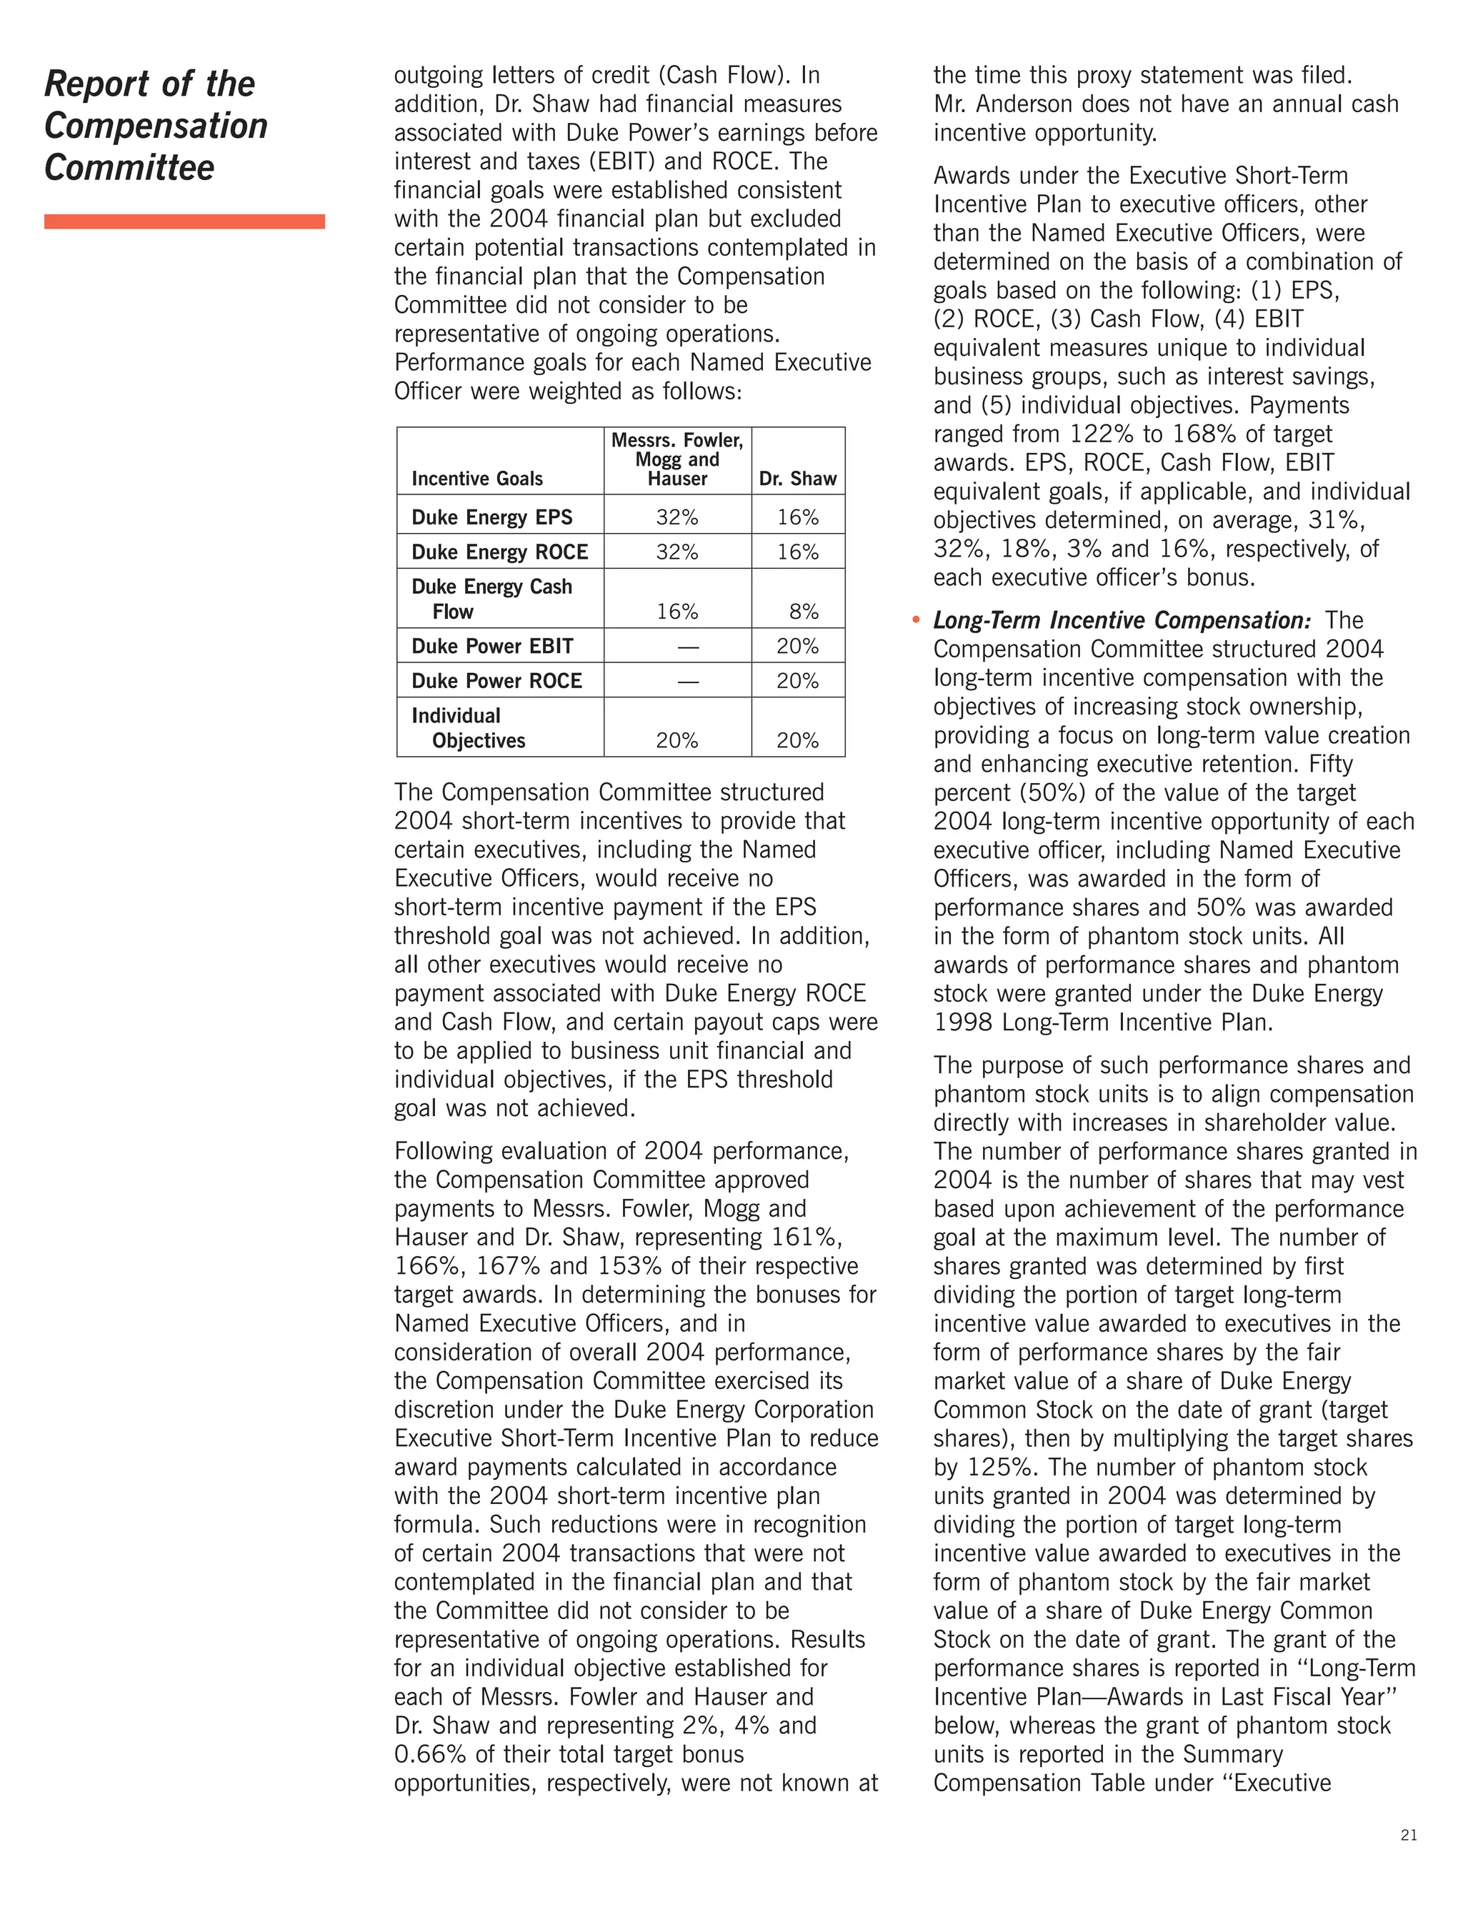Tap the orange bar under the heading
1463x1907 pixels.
coord(184,221)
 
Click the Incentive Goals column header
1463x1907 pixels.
coord(476,478)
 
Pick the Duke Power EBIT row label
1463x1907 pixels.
coord(492,646)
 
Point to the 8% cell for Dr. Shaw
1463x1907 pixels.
coord(803,612)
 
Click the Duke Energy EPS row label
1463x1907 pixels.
coord(491,517)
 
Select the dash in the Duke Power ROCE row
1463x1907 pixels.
coord(688,681)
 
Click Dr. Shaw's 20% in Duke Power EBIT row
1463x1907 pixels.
coord(797,646)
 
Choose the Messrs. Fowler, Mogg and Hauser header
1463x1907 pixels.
coord(676,459)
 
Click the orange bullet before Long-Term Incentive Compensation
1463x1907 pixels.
coord(915,620)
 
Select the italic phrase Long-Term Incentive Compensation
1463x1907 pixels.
coord(1121,620)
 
